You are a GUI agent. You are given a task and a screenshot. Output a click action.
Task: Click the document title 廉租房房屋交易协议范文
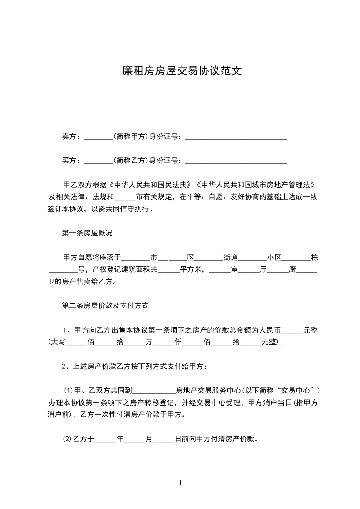(x=180, y=71)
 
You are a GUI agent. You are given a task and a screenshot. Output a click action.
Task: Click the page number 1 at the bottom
(x=180, y=483)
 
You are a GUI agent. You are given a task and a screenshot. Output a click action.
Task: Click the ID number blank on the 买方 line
(x=236, y=161)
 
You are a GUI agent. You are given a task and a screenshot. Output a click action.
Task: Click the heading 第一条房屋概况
(x=87, y=233)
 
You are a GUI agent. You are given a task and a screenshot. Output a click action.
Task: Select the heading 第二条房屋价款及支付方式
(x=105, y=306)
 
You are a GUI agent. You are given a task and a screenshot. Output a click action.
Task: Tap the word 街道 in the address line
(x=231, y=258)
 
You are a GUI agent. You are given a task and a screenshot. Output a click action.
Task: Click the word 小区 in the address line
(x=274, y=258)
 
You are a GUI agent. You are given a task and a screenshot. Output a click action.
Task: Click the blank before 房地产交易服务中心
(x=154, y=391)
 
